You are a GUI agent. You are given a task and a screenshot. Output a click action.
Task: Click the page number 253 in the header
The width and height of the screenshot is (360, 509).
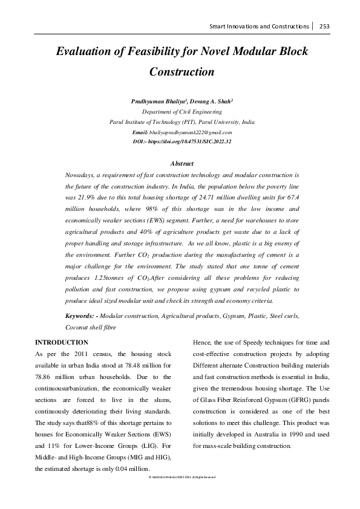pyautogui.click(x=324, y=27)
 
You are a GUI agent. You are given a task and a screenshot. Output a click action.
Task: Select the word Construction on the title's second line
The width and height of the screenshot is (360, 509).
pyautogui.click(x=182, y=72)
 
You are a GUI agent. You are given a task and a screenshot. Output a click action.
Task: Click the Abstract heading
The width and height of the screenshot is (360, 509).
pyautogui.click(x=182, y=164)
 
